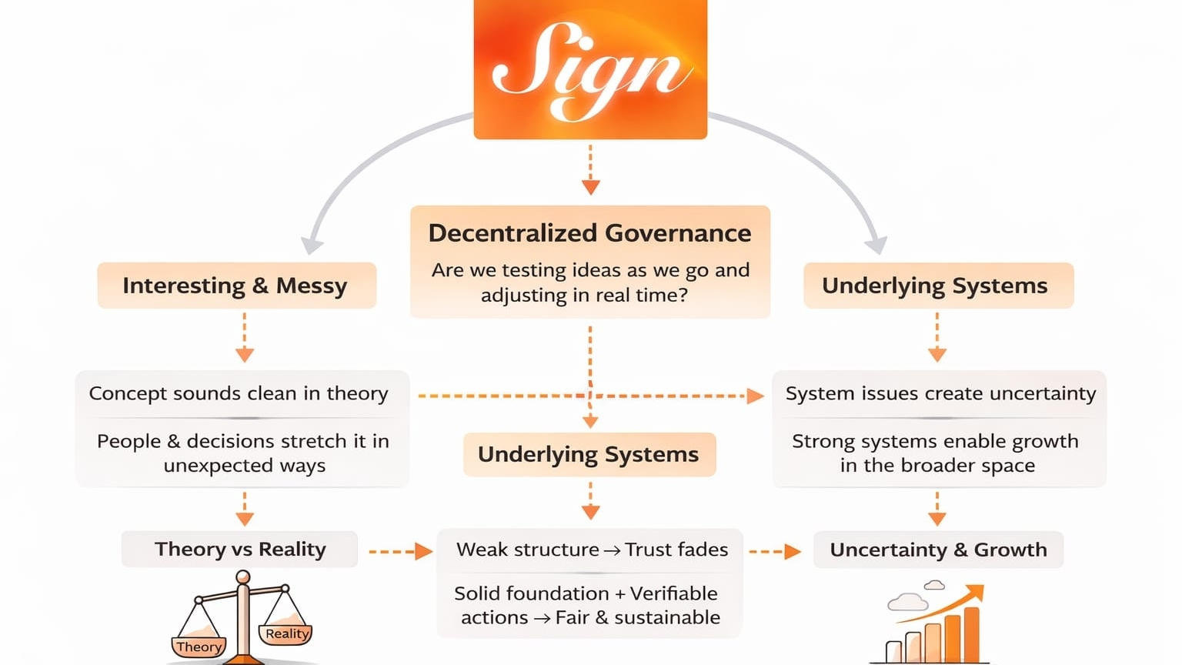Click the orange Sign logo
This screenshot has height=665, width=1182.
click(590, 69)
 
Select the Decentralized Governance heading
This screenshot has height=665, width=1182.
click(589, 232)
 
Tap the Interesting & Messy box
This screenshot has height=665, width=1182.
click(235, 286)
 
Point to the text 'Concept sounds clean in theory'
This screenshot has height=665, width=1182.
click(239, 393)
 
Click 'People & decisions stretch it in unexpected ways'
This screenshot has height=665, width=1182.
click(243, 453)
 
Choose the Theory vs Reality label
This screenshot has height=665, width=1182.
click(240, 549)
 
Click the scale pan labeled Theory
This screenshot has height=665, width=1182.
click(199, 645)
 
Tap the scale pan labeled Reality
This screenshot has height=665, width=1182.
click(286, 633)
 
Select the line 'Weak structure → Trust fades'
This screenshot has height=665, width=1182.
click(591, 550)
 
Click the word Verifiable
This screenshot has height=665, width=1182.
click(673, 593)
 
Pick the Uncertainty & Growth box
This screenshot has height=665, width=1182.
click(938, 550)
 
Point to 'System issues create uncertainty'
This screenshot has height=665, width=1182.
click(940, 393)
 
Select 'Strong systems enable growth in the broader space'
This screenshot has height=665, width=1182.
click(937, 453)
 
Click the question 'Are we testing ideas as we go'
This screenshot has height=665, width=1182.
click(589, 271)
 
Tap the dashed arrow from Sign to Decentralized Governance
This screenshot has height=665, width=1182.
click(590, 169)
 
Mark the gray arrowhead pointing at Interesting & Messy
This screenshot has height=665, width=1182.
click(311, 245)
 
